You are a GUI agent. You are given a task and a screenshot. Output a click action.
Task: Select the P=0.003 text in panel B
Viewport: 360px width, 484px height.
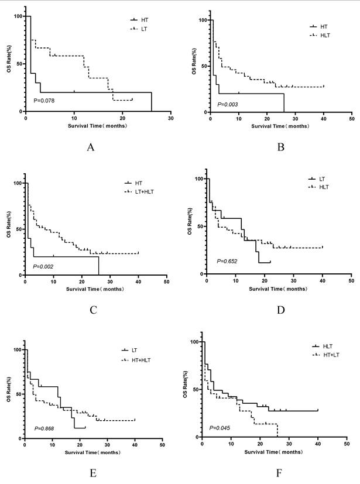point(228,104)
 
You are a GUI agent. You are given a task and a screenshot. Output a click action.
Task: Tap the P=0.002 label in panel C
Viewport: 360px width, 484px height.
point(43,267)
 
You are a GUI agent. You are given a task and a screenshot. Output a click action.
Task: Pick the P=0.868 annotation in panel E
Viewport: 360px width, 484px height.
point(43,429)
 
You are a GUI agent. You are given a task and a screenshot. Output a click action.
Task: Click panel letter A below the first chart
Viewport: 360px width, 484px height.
point(91,147)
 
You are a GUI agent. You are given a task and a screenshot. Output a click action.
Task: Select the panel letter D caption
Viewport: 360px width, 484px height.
point(280,310)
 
